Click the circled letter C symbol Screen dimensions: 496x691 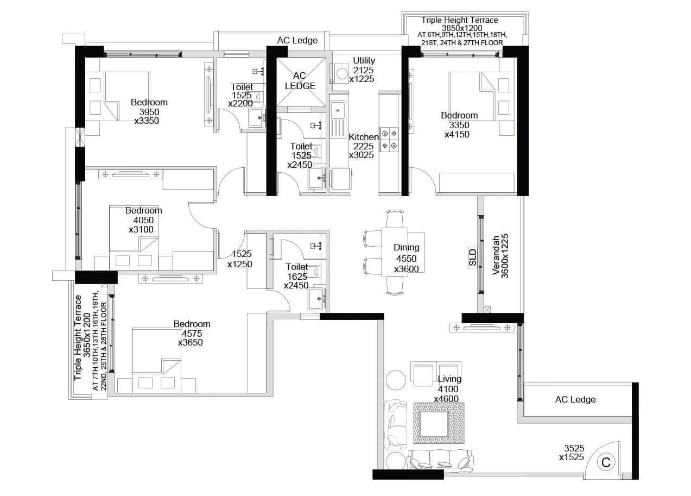[x=606, y=462]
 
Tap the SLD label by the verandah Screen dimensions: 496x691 [x=472, y=258]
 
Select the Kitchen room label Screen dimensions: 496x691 [x=363, y=146]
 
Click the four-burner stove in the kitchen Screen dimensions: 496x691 [x=389, y=139]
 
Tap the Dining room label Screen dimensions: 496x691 [x=406, y=258]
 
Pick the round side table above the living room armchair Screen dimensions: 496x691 [x=396, y=380]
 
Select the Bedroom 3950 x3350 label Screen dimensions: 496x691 [x=148, y=111]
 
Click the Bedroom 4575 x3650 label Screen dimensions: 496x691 [x=191, y=333]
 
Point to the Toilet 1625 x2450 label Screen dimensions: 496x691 [x=297, y=276]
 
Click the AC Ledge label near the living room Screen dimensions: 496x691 [x=575, y=400]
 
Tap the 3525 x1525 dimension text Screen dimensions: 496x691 [x=573, y=453]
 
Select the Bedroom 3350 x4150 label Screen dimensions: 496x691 [x=459, y=124]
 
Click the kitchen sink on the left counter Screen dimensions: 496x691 [x=338, y=110]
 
